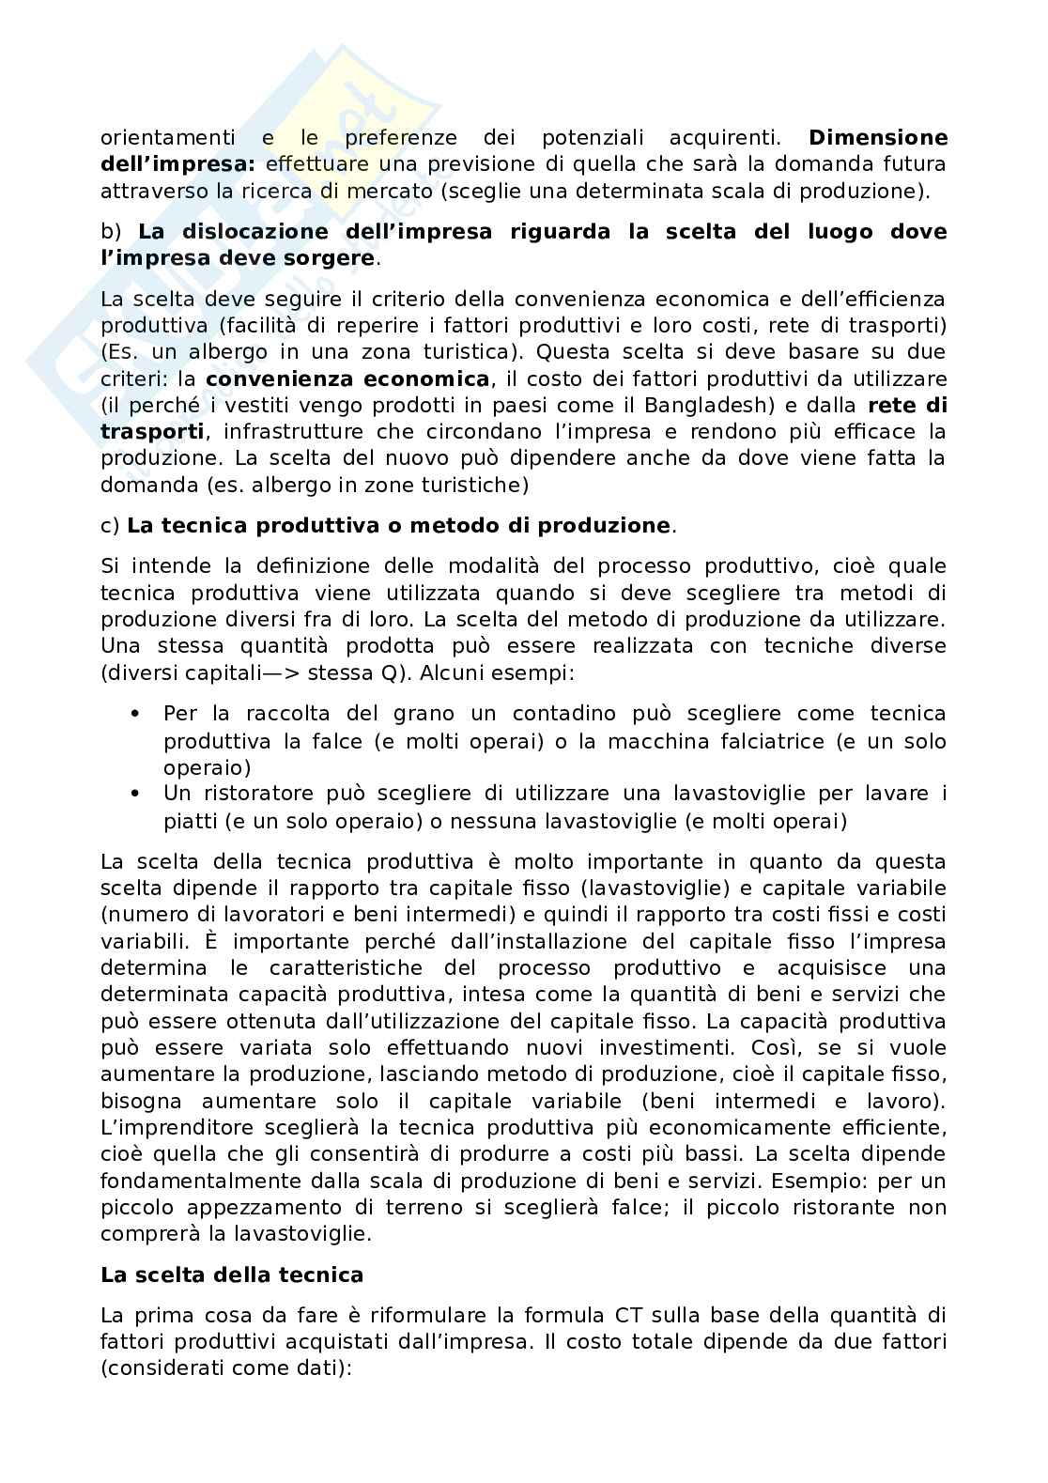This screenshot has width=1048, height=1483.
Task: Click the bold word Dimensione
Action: coord(878,138)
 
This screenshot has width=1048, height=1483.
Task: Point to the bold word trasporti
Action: coord(152,432)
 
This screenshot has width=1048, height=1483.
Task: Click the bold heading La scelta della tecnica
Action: coord(231,1274)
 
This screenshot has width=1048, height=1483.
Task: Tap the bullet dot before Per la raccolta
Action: coord(136,714)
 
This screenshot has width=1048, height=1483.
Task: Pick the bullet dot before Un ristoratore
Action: coord(136,794)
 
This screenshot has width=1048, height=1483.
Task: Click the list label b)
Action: coord(112,232)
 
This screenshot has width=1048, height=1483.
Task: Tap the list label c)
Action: coord(111,525)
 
